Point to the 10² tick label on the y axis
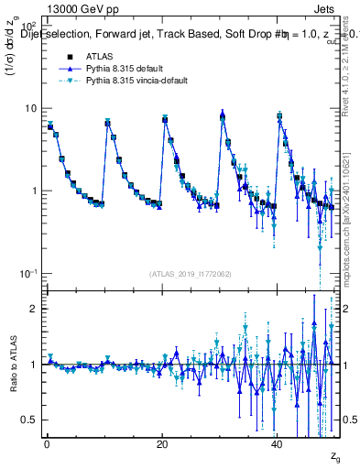point(27,24)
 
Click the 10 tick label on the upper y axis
point(30,108)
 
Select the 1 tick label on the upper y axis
point(33,191)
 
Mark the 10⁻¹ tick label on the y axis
point(27,274)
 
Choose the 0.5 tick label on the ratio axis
point(27,420)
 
